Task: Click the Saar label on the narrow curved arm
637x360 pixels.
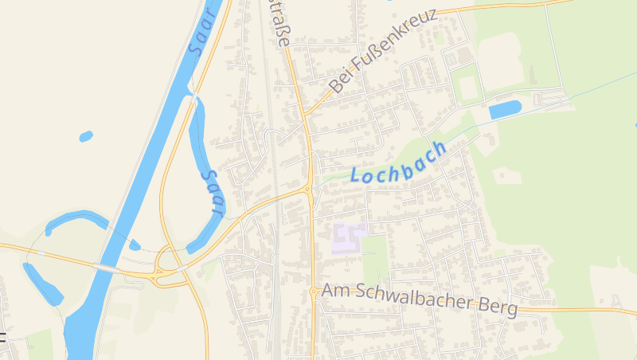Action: click(211, 193)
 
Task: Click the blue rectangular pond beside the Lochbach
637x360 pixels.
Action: click(505, 109)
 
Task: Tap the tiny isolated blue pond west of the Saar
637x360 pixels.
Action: click(86, 136)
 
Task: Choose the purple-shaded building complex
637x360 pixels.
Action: click(347, 238)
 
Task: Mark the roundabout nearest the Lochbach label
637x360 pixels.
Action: click(307, 190)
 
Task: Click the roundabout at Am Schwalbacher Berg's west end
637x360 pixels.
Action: click(314, 292)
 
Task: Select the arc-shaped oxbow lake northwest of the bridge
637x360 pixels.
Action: click(76, 221)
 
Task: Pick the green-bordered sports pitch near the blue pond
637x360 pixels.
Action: click(468, 88)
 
